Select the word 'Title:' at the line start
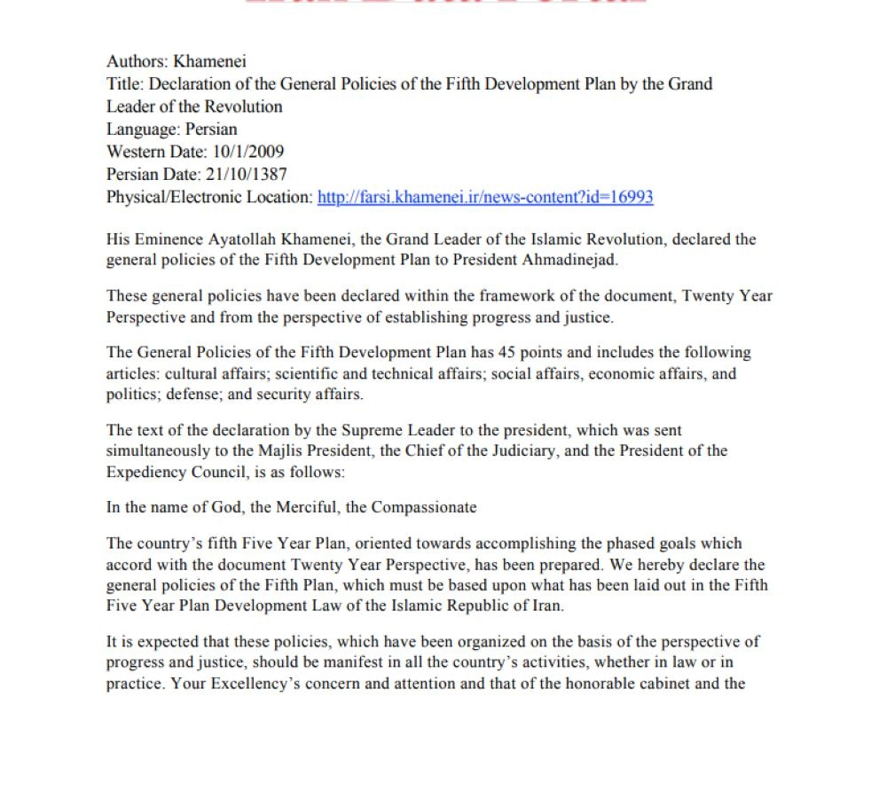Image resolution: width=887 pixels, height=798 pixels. (x=125, y=84)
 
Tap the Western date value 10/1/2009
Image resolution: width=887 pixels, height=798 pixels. (x=248, y=152)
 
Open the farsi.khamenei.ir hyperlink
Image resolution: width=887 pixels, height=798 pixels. (x=485, y=197)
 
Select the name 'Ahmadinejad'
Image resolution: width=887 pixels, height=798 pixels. (x=575, y=261)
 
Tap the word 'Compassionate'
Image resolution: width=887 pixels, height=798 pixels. (x=424, y=508)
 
